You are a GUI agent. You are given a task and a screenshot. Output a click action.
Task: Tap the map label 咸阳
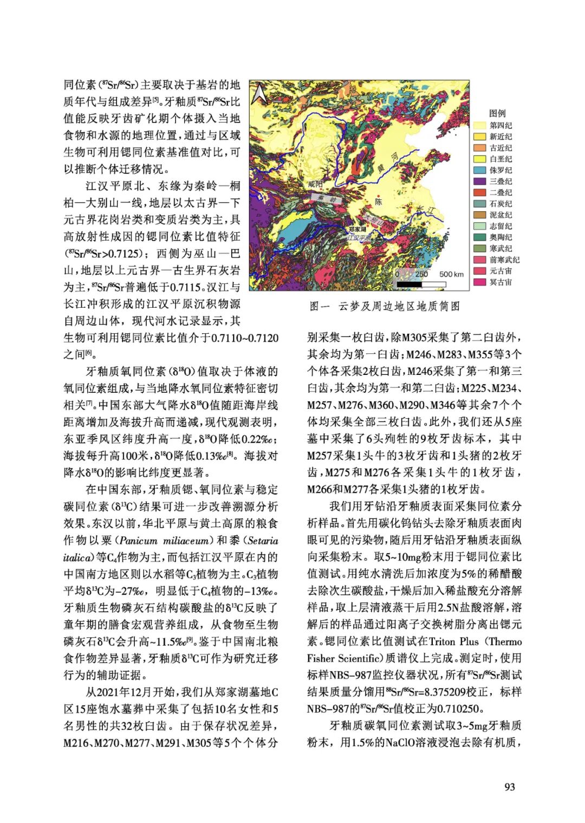tap(315, 184)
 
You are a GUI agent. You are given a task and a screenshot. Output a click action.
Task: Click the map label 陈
tap(379, 202)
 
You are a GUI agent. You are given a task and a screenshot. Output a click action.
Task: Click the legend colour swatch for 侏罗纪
tap(479, 170)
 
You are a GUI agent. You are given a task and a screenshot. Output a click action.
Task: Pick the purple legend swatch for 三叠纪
tap(479, 182)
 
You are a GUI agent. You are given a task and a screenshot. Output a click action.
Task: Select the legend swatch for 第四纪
tap(479, 125)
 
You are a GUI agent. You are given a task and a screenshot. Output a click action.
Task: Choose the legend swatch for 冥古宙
tap(479, 282)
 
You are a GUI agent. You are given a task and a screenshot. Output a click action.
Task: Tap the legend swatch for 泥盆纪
tap(479, 215)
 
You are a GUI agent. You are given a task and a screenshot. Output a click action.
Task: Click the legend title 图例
tap(497, 113)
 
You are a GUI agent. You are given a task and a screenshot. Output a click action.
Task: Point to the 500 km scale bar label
tap(451, 274)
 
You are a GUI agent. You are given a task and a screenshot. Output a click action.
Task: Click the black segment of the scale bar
tap(409, 283)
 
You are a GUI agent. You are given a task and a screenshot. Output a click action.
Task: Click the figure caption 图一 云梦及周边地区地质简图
tap(385, 307)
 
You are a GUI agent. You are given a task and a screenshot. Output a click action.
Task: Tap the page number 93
tap(510, 787)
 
